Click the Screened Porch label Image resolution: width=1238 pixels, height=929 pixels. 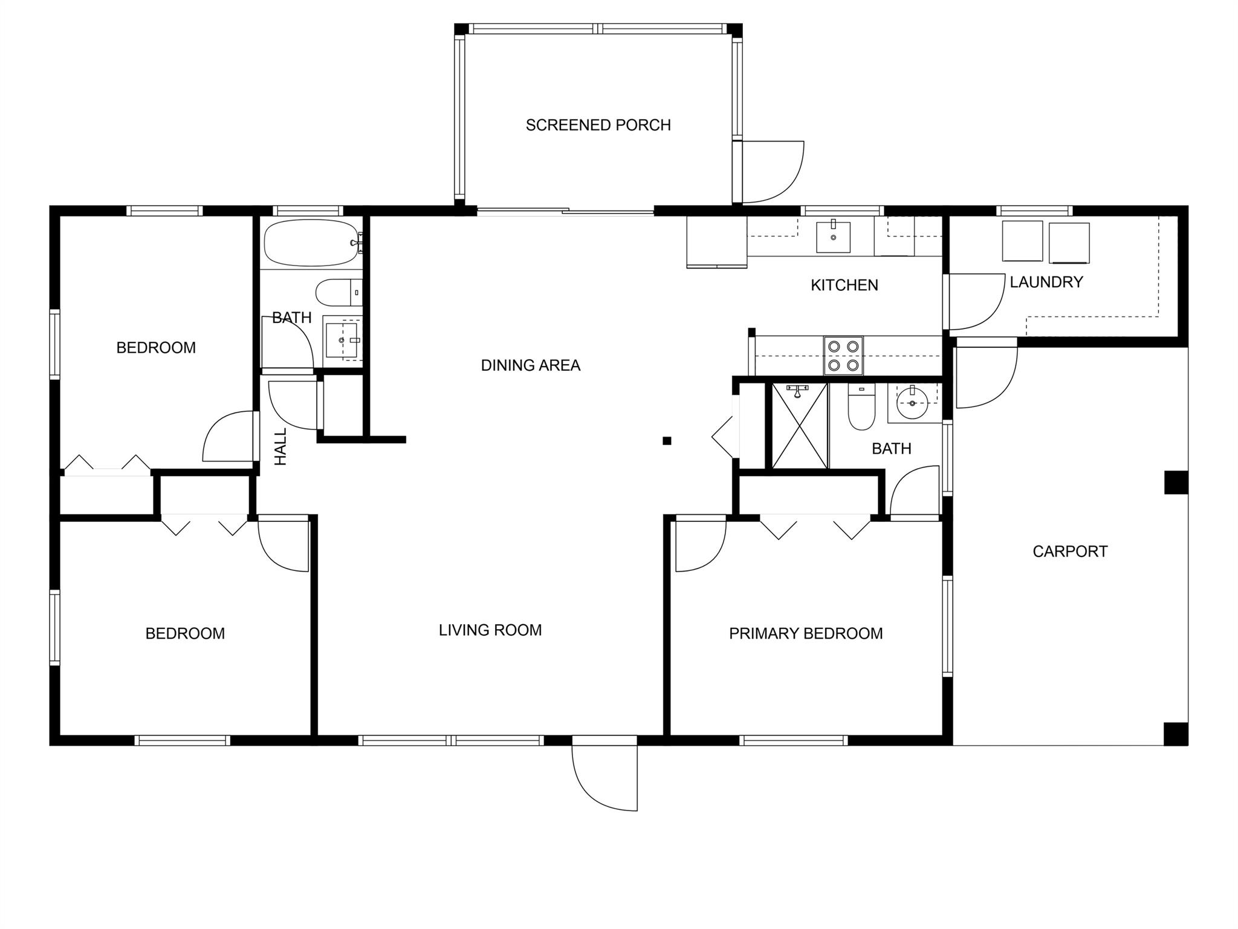click(x=598, y=125)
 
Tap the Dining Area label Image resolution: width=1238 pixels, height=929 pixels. click(x=530, y=365)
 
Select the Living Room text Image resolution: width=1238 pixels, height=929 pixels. click(x=490, y=630)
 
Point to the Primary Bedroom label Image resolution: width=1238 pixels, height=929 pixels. click(x=805, y=633)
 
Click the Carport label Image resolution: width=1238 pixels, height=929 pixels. click(x=1069, y=552)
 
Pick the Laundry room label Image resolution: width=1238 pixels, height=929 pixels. click(x=1046, y=282)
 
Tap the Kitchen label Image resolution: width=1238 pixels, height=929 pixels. click(x=844, y=285)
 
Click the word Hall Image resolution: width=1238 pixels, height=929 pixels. click(x=280, y=447)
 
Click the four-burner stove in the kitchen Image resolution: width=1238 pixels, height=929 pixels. click(x=843, y=356)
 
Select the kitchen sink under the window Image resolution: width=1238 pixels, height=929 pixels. click(x=833, y=237)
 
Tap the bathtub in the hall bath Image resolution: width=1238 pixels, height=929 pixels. click(x=311, y=243)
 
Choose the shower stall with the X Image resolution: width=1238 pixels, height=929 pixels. click(x=800, y=426)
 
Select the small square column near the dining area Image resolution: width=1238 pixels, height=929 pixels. click(x=667, y=441)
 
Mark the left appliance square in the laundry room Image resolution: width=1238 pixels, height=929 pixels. click(x=1023, y=241)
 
